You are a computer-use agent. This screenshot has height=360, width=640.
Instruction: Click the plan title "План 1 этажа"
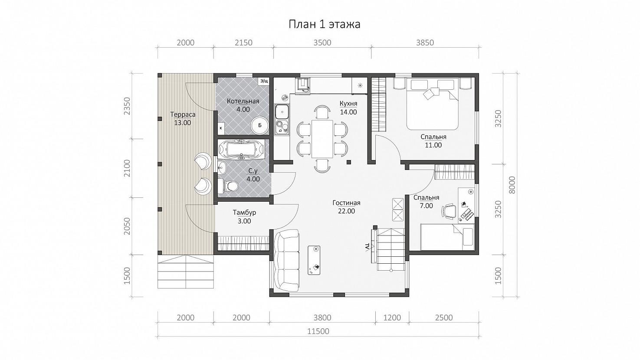(324, 24)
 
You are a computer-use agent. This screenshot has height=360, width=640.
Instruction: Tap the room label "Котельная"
(243, 101)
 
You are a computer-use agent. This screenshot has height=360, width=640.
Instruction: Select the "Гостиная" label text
(346, 203)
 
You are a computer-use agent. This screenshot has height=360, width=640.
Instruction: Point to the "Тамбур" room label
(244, 213)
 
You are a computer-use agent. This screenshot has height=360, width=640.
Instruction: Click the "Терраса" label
(183, 115)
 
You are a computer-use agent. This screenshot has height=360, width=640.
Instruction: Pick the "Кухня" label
(348, 103)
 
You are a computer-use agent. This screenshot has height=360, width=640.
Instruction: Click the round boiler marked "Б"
(260, 125)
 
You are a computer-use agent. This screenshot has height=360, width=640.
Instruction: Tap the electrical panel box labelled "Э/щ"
(264, 82)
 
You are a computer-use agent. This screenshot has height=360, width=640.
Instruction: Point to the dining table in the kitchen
(322, 139)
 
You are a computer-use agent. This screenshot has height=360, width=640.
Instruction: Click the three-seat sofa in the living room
(286, 260)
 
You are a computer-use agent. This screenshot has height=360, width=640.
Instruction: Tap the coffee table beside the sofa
(314, 260)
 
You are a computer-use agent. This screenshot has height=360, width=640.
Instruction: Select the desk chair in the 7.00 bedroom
(449, 211)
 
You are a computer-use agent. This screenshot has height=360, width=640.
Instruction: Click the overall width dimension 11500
(318, 331)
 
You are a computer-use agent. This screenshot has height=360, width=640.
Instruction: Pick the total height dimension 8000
(512, 185)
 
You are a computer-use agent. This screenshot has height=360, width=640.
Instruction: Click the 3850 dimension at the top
(425, 43)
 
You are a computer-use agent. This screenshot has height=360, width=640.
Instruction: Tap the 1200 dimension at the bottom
(392, 317)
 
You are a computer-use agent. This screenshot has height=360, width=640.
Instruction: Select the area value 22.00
(346, 211)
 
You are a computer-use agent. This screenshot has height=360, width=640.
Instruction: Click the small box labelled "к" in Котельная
(221, 128)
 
